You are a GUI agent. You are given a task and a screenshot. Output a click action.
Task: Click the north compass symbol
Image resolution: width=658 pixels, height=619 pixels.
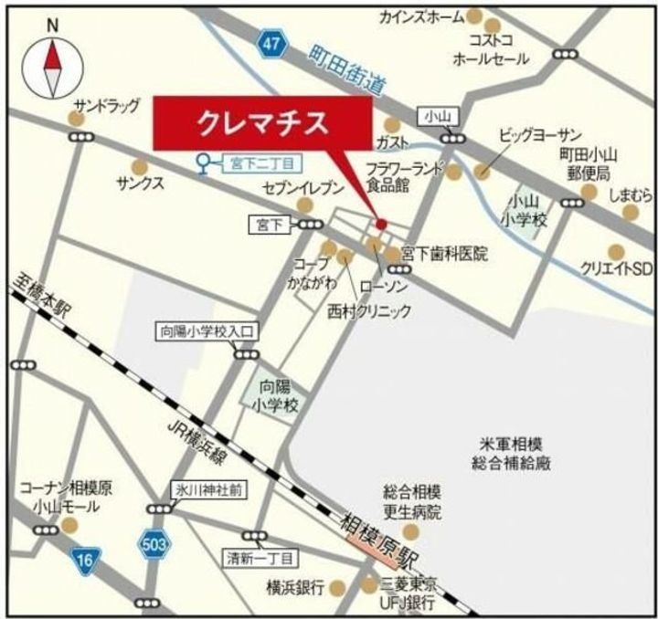(52, 64)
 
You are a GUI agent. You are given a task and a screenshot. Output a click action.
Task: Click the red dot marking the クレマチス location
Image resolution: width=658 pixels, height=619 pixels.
(381, 224)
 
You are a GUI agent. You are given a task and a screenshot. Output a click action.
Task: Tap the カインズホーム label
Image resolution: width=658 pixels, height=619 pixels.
(423, 16)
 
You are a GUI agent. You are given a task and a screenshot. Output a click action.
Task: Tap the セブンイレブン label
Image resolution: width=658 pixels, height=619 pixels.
(302, 190)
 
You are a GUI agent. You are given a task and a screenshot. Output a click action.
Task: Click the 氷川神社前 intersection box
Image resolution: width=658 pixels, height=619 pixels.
(208, 490)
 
